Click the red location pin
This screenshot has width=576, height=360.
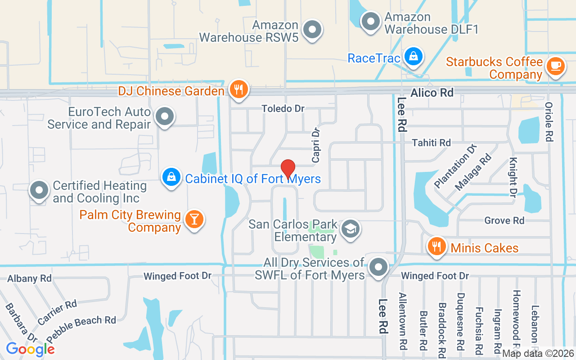click(x=288, y=169)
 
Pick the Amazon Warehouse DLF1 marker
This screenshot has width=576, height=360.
click(x=371, y=21)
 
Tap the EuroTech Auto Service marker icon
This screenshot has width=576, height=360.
click(x=165, y=117)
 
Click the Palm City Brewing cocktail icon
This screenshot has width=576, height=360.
click(x=194, y=219)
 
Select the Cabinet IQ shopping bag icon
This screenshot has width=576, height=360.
click(x=171, y=177)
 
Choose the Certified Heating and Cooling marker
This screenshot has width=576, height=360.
click(x=39, y=190)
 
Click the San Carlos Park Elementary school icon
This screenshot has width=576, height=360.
click(x=350, y=229)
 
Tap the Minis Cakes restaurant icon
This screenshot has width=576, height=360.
click(x=436, y=247)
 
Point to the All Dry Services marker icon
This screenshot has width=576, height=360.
click(x=378, y=267)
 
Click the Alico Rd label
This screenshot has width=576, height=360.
click(x=432, y=93)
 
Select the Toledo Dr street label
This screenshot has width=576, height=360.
click(x=283, y=108)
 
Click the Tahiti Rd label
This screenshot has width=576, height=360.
click(x=431, y=143)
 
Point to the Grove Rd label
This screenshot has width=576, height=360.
click(x=504, y=220)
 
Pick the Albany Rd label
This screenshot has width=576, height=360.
click(x=29, y=279)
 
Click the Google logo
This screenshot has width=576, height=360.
click(x=31, y=349)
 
